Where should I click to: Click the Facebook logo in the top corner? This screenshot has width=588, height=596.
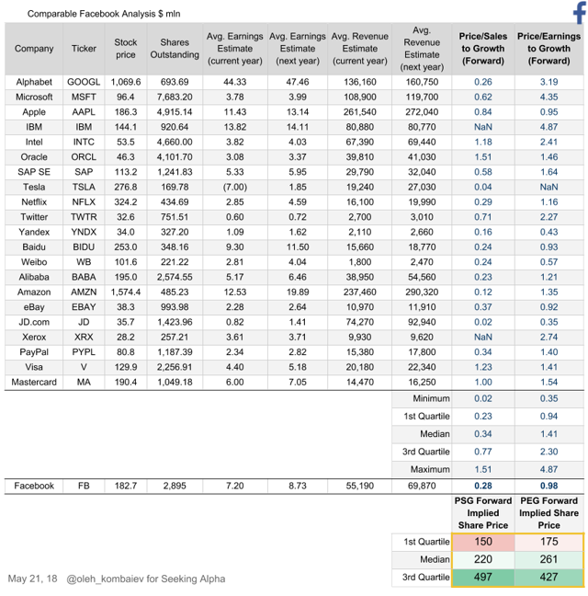pos(579,12)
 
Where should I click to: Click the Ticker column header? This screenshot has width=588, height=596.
pos(84,49)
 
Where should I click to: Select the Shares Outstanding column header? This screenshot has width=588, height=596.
pos(175,49)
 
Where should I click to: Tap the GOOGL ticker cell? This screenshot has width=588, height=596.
pos(84,82)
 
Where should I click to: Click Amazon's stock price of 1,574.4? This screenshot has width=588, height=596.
pos(125,291)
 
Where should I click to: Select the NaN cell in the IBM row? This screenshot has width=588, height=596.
pos(482,127)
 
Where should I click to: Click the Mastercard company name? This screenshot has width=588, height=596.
pos(34,382)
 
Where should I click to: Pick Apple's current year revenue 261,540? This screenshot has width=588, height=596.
pos(359,111)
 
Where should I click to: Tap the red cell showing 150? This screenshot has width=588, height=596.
pos(482,542)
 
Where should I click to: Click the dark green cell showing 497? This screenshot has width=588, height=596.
pos(482,577)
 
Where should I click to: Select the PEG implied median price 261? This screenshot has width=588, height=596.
pos(548,559)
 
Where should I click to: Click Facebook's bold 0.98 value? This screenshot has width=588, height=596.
pos(548,486)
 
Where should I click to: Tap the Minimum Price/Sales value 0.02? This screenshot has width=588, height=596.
pos(482,399)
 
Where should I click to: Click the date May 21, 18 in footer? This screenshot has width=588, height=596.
pos(32,579)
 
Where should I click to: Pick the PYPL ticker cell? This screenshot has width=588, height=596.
pos(84,351)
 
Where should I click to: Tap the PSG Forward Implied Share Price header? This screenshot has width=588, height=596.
pos(482,512)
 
